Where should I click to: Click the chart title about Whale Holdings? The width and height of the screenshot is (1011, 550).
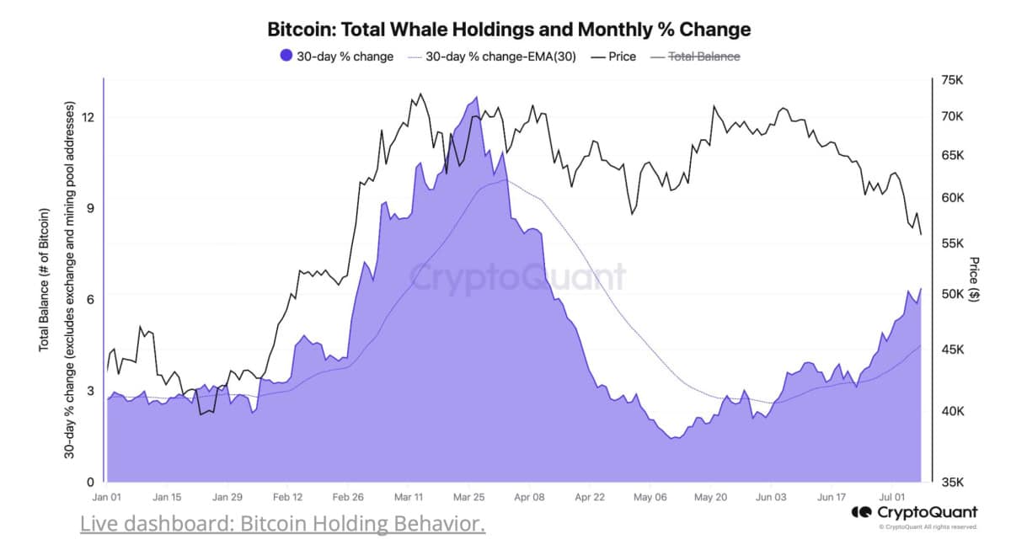click(509, 29)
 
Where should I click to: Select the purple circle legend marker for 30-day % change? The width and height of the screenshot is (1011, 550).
click(286, 56)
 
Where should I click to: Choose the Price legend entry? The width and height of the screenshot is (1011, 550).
click(614, 56)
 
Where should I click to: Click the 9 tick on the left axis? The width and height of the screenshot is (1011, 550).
click(90, 208)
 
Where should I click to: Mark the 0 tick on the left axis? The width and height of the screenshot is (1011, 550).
click(90, 483)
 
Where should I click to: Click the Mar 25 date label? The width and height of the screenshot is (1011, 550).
click(468, 498)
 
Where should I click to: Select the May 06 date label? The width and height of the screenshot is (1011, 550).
click(650, 498)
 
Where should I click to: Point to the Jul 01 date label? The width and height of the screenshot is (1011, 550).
click(891, 498)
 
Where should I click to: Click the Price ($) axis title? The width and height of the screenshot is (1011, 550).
click(975, 279)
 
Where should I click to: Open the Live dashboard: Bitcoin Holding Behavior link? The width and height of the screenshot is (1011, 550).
click(283, 524)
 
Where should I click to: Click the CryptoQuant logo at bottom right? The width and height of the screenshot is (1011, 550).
click(914, 512)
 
